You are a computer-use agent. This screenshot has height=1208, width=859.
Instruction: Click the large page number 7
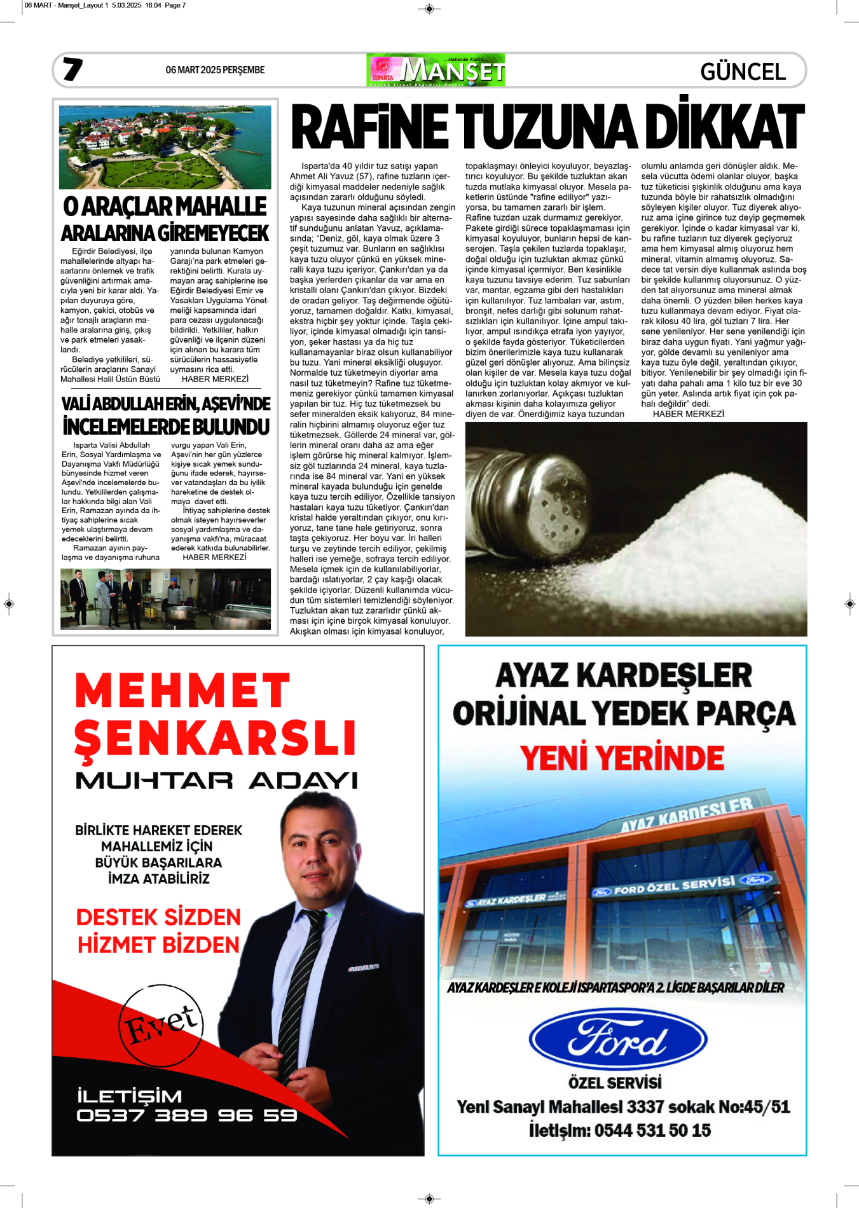point(72,69)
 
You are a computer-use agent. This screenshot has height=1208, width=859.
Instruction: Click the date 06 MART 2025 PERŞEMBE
point(215,70)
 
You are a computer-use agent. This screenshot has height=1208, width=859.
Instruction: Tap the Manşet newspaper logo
point(436,70)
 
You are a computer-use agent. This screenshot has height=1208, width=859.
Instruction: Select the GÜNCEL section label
point(743,71)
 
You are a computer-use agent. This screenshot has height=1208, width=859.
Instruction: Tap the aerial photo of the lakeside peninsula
point(165,148)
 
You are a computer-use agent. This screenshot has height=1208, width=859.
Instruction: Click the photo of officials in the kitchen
point(165,599)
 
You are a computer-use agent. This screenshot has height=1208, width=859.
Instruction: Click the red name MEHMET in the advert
point(182,691)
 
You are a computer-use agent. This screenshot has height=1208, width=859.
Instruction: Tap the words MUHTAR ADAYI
point(216,781)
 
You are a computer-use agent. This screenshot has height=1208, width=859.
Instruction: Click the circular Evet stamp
point(161,1026)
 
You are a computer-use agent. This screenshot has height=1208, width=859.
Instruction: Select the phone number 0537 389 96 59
point(186,1116)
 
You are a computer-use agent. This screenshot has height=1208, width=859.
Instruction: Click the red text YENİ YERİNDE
point(622,758)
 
